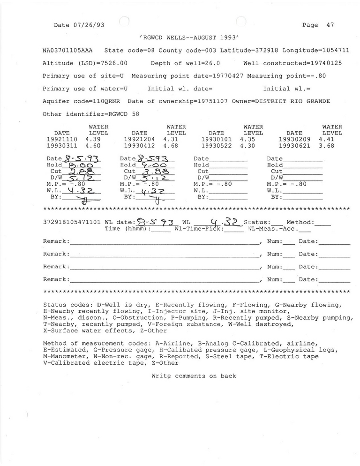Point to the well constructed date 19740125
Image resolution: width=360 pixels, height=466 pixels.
click(326, 63)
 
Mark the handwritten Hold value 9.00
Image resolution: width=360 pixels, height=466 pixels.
click(155, 165)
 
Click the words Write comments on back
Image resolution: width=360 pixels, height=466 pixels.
click(194, 376)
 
